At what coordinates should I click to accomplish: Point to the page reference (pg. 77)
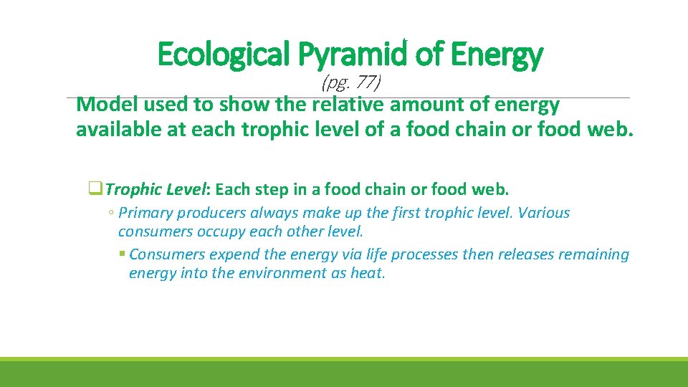click(351, 83)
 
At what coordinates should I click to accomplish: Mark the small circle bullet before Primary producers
click(111, 214)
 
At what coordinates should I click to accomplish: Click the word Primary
click(145, 213)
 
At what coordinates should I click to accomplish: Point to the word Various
click(543, 213)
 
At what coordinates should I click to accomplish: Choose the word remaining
click(595, 254)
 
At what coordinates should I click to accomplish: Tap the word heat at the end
click(368, 273)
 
